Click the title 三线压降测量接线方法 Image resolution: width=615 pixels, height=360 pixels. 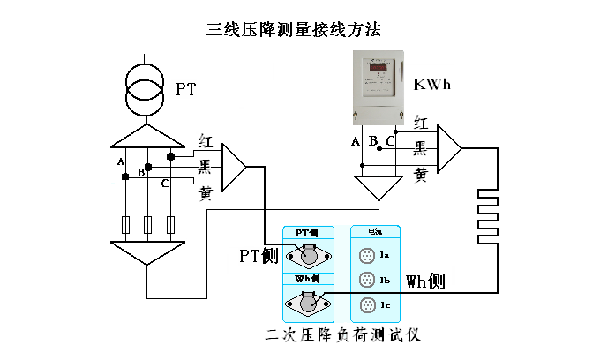294,30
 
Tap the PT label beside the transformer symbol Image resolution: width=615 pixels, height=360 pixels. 186,89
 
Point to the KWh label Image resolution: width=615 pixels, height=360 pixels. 434,86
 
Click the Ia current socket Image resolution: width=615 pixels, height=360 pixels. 367,256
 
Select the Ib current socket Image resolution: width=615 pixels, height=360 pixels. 367,281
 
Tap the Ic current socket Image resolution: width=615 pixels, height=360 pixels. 367,306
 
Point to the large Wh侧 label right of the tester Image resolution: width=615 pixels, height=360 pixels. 424,282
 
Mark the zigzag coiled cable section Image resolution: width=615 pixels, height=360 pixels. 488,216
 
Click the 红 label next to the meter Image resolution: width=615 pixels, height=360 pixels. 422,124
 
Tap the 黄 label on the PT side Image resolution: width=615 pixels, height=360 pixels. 206,192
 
